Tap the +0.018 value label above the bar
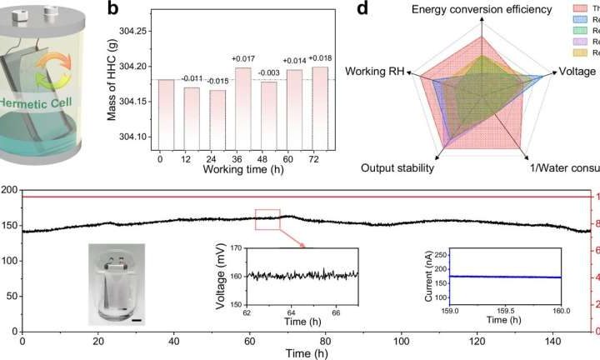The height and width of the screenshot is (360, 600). [x=320, y=59]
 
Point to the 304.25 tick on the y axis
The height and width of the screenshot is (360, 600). [x=133, y=31]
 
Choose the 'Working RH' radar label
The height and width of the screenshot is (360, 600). [x=377, y=72]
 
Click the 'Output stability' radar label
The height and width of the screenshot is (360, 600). [x=398, y=168]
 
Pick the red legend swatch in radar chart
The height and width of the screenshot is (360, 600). [x=581, y=7]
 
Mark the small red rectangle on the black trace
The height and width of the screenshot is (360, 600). [x=267, y=218]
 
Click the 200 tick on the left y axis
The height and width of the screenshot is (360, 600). [x=9, y=191]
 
